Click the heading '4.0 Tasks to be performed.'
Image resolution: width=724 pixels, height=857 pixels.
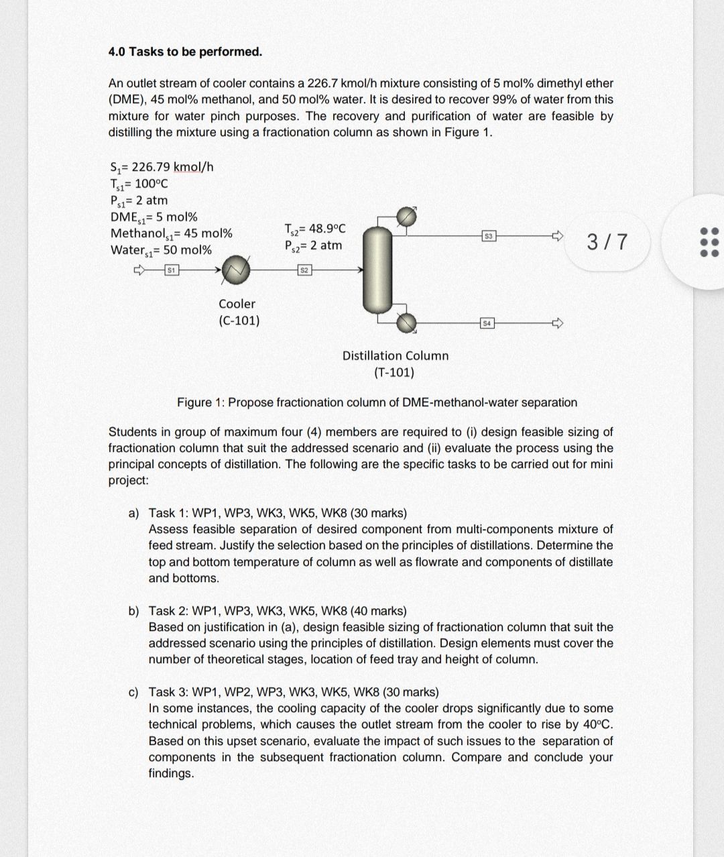185,52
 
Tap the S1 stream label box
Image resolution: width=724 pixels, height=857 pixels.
172,270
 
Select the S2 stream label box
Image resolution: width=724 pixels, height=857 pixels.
305,270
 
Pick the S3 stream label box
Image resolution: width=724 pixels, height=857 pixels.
489,236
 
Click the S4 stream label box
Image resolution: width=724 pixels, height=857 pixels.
488,324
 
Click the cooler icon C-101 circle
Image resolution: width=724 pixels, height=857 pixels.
237,270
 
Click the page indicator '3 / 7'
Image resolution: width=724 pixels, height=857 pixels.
607,241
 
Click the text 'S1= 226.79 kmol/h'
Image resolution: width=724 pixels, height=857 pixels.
161,167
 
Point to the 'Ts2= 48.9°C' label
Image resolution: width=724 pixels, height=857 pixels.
314,229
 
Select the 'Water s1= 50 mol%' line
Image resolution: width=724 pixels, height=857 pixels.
161,250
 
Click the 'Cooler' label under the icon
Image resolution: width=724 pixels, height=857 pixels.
237,304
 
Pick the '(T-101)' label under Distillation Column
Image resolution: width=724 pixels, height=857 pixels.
394,372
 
